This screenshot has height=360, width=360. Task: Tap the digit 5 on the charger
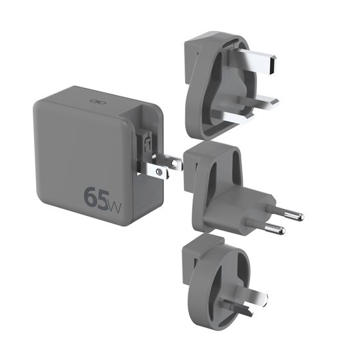pos(106,197)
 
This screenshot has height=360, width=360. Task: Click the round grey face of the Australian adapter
pos(215,283)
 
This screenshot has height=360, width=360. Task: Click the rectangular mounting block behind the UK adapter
pos(197,48)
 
